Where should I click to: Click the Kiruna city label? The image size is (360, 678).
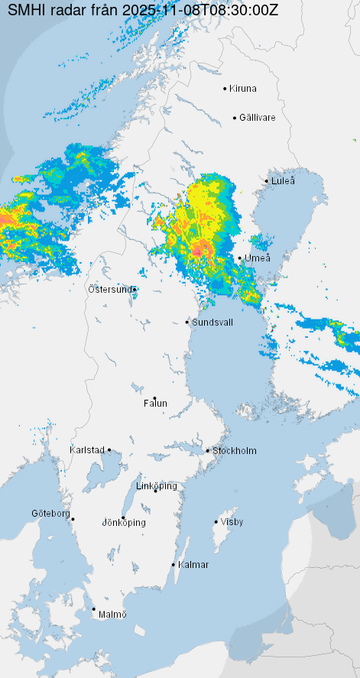(243, 89)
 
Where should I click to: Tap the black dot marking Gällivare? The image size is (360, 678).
(235, 118)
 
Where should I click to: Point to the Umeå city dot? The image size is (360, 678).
(239, 258)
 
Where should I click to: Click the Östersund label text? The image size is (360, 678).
(110, 289)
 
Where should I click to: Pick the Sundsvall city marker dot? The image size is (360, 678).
(187, 322)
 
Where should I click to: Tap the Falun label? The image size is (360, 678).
(155, 404)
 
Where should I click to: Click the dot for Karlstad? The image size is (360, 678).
(109, 450)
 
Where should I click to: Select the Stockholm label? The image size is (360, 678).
(235, 451)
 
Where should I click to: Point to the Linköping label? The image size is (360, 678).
(156, 486)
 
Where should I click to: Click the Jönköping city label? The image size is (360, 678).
(124, 523)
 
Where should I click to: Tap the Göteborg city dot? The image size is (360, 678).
(73, 520)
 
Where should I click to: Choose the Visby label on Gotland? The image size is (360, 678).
(232, 522)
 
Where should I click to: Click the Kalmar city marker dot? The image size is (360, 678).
(174, 565)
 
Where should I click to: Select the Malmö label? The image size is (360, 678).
(112, 615)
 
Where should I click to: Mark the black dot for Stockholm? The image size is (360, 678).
(207, 450)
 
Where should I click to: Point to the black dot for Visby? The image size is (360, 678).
(216, 522)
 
